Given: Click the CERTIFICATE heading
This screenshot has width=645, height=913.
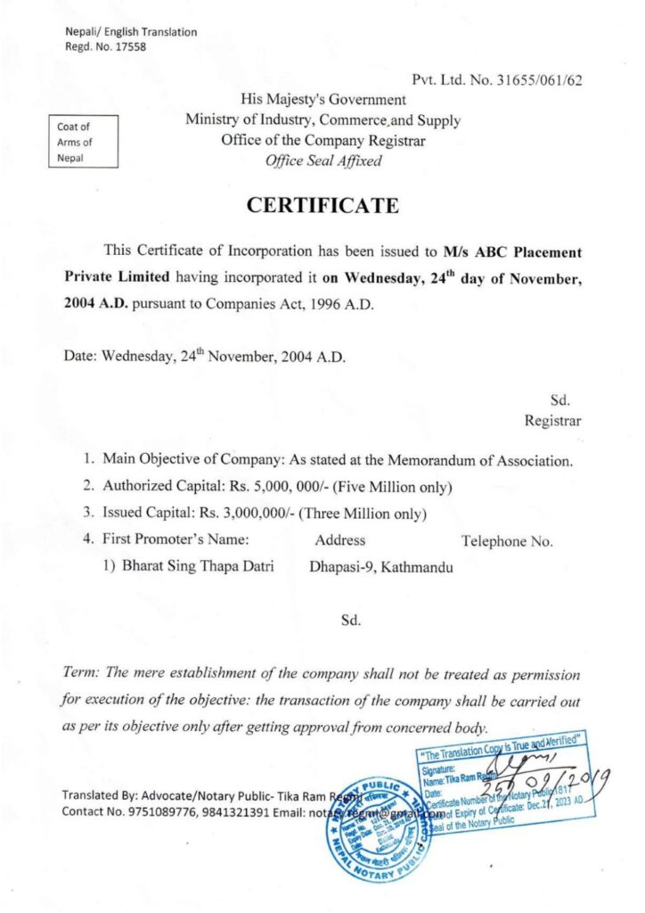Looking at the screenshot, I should (x=322, y=205).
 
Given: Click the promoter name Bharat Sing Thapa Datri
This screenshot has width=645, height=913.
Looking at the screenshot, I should (x=198, y=566).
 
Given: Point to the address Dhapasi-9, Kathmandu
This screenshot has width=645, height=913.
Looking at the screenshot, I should (x=381, y=566).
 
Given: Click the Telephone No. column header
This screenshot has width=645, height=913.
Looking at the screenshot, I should (x=507, y=540).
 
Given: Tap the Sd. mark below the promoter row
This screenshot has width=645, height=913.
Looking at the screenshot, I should (x=349, y=620).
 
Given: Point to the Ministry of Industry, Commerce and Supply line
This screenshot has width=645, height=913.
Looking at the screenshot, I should (x=322, y=119).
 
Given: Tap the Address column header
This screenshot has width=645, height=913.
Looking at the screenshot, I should (x=339, y=540).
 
